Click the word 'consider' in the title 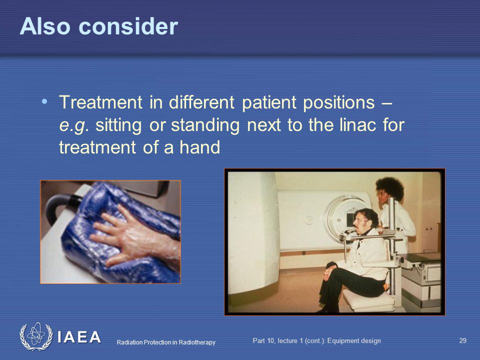click(128, 26)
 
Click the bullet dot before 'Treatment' click(44, 101)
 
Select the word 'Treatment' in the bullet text click(100, 102)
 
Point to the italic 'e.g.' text click(74, 126)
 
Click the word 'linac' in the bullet click(357, 124)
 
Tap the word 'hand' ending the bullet click(199, 147)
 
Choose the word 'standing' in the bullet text click(205, 126)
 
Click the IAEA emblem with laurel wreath click(36, 336)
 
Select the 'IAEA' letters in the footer click(79, 337)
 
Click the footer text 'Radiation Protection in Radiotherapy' click(166, 342)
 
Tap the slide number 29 click(462, 340)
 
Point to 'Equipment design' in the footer click(354, 341)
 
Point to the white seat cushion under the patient click(367, 300)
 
